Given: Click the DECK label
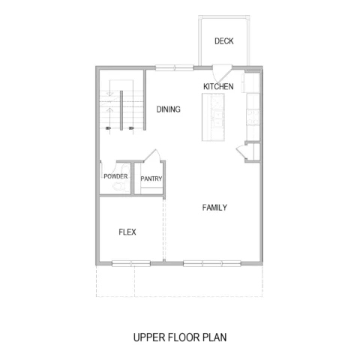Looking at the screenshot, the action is [x=224, y=41].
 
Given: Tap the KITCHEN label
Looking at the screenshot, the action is [x=218, y=86].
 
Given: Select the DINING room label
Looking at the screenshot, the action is [x=168, y=109].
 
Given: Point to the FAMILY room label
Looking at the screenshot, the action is [x=214, y=208].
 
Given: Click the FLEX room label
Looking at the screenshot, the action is [x=127, y=232].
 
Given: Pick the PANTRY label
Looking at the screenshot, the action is [x=151, y=178].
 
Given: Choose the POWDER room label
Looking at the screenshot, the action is [x=115, y=176].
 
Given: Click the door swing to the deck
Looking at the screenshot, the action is [x=221, y=74].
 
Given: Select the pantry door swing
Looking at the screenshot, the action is [x=151, y=156].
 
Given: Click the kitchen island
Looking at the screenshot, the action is [x=213, y=117].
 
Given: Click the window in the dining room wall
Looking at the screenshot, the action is [x=175, y=67].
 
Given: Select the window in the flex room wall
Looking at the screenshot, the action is [x=131, y=263].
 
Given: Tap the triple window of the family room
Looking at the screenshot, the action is [x=212, y=263].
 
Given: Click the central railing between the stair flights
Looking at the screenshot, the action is [x=121, y=110].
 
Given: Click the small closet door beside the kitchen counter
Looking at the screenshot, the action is [x=241, y=152].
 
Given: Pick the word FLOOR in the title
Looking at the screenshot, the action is [x=183, y=337].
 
